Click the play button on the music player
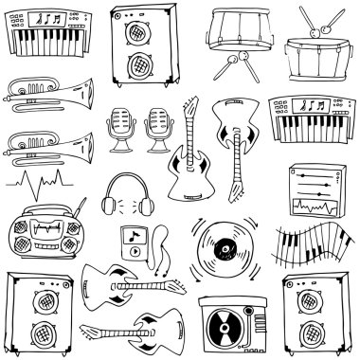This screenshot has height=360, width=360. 135,252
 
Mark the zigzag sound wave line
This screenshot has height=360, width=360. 38,182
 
